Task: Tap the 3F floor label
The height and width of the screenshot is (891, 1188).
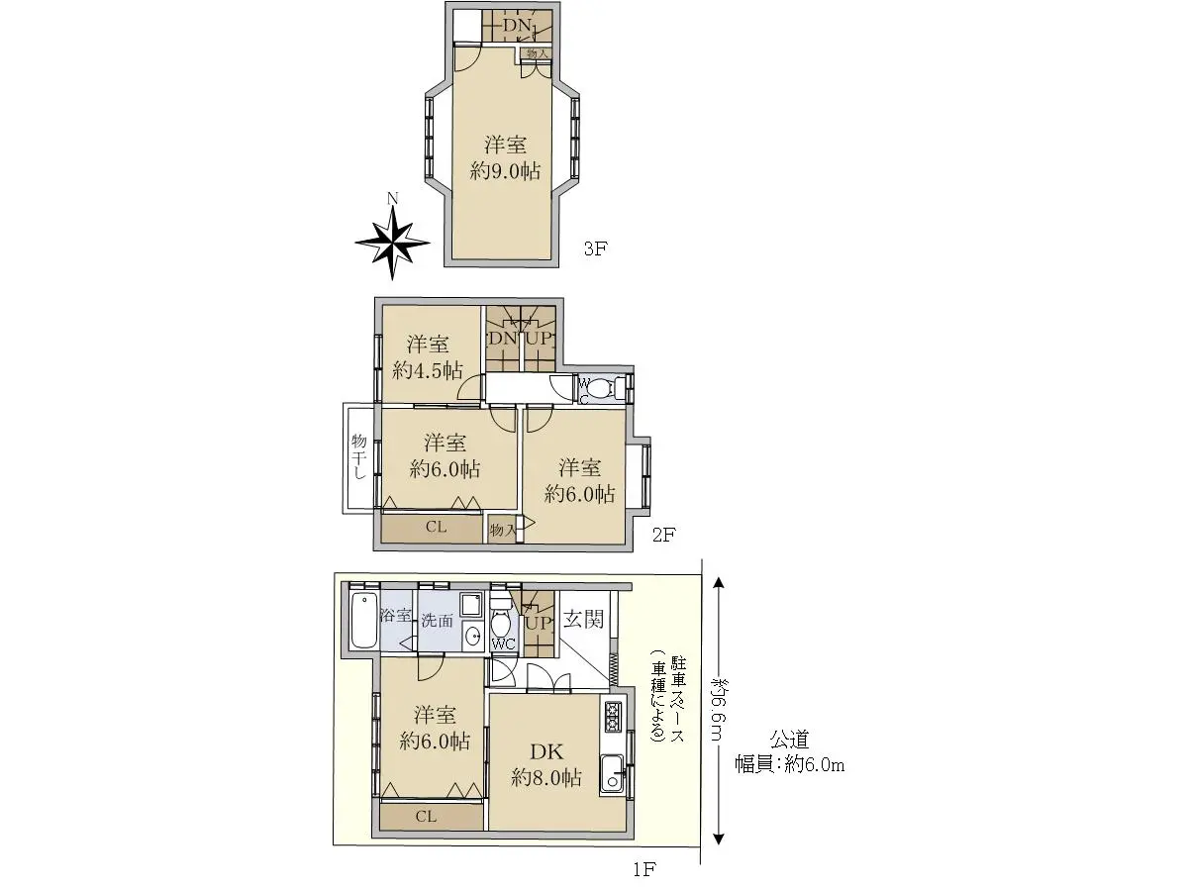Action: (x=595, y=248)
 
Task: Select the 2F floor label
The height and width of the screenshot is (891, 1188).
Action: (x=664, y=535)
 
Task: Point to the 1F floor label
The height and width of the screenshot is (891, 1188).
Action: (x=644, y=869)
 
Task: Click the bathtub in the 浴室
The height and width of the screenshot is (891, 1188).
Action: (x=364, y=620)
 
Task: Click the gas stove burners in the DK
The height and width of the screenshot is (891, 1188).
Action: (x=613, y=716)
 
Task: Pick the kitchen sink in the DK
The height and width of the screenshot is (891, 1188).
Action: (x=613, y=773)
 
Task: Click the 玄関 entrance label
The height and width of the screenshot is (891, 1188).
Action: (x=583, y=619)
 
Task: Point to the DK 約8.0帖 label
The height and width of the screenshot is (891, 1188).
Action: (x=546, y=764)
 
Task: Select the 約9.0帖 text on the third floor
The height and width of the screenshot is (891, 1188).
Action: (x=505, y=171)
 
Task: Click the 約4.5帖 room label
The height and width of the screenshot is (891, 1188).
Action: (x=428, y=371)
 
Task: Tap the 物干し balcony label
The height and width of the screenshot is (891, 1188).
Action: (x=358, y=456)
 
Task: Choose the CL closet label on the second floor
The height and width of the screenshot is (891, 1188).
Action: (x=437, y=527)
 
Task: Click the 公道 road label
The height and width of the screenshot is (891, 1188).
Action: (x=790, y=739)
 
